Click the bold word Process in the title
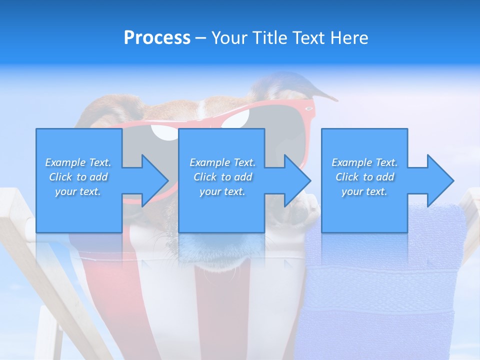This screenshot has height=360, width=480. pyautogui.click(x=157, y=38)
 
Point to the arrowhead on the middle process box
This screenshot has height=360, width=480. pyautogui.click(x=296, y=180)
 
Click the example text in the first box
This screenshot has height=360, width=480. pyautogui.click(x=78, y=177)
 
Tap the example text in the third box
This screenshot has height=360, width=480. pyautogui.click(x=364, y=177)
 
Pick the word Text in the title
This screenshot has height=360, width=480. pyautogui.click(x=308, y=38)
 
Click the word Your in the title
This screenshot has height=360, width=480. pyautogui.click(x=228, y=38)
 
